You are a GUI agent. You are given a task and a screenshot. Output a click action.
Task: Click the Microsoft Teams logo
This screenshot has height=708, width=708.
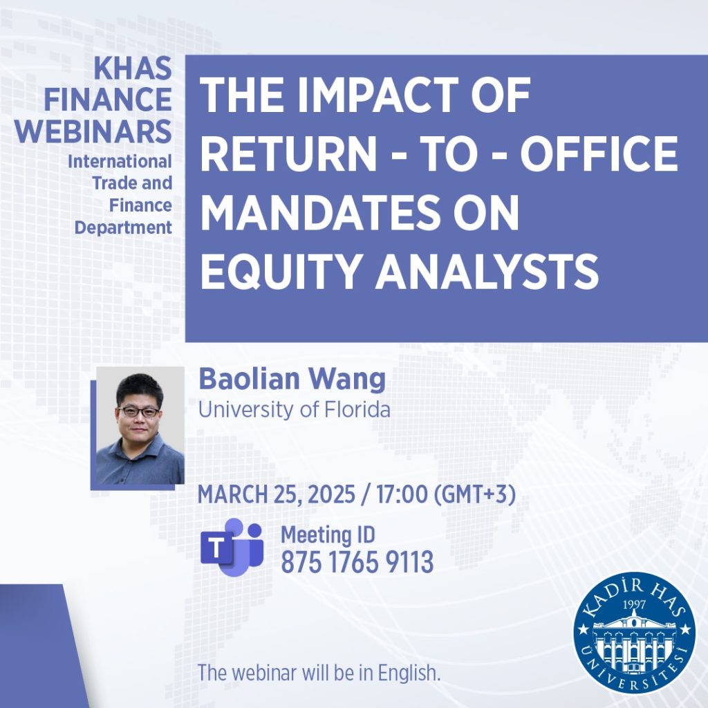click(x=232, y=548)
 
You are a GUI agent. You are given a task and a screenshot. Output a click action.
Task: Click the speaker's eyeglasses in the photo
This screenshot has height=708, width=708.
click(x=138, y=411)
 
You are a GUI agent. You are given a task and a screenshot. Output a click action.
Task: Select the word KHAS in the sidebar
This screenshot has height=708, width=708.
click(x=133, y=68)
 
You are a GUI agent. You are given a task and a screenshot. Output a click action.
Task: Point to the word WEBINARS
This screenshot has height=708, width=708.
click(x=93, y=131)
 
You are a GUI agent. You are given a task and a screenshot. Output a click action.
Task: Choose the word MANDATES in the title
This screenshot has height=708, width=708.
click(x=320, y=212)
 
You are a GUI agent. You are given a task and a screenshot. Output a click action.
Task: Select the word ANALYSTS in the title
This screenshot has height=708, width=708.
click(x=487, y=272)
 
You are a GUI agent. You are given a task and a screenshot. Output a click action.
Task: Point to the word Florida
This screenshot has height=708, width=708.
click(x=357, y=409)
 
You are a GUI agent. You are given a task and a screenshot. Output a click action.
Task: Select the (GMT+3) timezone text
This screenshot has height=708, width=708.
click(x=474, y=494)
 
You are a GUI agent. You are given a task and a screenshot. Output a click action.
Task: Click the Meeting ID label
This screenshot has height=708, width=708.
click(x=328, y=535)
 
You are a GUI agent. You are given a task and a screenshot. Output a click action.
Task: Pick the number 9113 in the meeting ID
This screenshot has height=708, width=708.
click(x=409, y=561)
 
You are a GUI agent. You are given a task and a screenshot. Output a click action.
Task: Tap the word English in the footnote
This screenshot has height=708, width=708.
click(x=409, y=673)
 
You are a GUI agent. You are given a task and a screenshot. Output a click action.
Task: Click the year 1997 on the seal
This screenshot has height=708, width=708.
click(x=634, y=604)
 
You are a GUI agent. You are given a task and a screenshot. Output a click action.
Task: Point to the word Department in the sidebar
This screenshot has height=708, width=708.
click(x=123, y=227)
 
